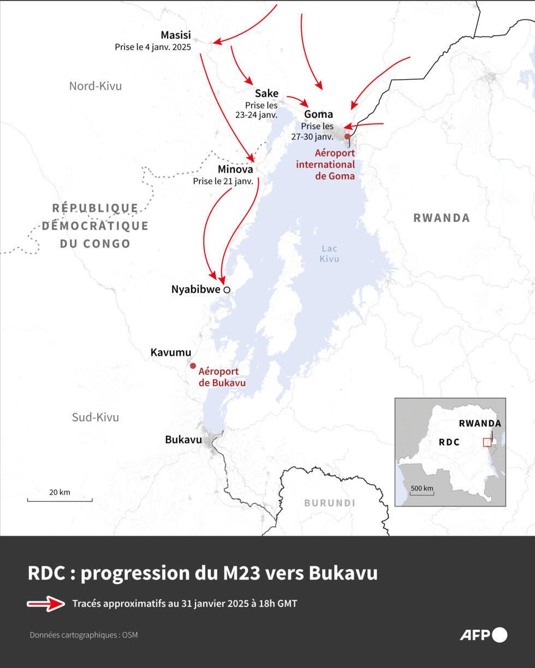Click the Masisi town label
click(x=176, y=35)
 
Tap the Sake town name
click(x=266, y=93)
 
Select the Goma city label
click(x=318, y=114)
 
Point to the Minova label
click(x=235, y=169)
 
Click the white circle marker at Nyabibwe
click(x=227, y=290)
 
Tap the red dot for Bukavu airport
click(x=193, y=366)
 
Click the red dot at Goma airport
click(x=347, y=136)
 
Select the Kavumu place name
click(x=170, y=353)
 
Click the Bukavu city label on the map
click(x=183, y=439)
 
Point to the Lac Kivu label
click(x=329, y=253)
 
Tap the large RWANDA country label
click(x=441, y=218)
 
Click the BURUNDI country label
click(x=329, y=503)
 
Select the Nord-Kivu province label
click(x=95, y=86)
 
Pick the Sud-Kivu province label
click(x=95, y=417)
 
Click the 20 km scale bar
click(x=60, y=499)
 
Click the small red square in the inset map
click(x=487, y=442)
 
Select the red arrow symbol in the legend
click(x=46, y=604)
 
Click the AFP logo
click(x=483, y=635)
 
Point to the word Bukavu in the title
click(x=343, y=574)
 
